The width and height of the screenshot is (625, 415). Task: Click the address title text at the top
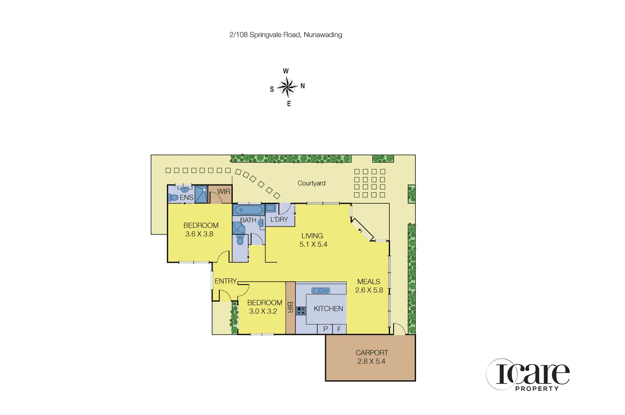(285, 35)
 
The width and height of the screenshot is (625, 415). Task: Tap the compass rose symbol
(287, 87)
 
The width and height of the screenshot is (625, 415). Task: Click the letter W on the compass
(286, 71)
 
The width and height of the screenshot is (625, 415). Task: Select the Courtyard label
(311, 183)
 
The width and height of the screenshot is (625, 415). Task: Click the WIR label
(224, 191)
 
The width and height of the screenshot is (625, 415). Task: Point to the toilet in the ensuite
(173, 198)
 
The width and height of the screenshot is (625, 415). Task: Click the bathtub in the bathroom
(249, 210)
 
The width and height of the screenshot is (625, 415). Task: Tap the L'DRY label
(279, 219)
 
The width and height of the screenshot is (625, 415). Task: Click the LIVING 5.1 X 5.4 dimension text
(313, 244)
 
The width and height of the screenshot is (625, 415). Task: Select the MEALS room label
(368, 282)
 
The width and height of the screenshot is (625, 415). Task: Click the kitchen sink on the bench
(320, 290)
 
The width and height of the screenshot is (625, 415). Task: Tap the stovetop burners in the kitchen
(301, 310)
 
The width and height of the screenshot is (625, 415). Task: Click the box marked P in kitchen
(325, 329)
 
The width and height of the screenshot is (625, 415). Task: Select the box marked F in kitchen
(339, 329)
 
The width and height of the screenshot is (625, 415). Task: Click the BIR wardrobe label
(290, 307)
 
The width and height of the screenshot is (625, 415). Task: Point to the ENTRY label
(225, 281)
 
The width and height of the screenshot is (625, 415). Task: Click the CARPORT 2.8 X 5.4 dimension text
(371, 361)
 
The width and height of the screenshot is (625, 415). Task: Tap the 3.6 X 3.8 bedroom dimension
(199, 234)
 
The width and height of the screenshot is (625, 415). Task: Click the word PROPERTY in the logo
(537, 388)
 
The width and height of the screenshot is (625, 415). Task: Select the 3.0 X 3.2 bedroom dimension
(263, 311)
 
